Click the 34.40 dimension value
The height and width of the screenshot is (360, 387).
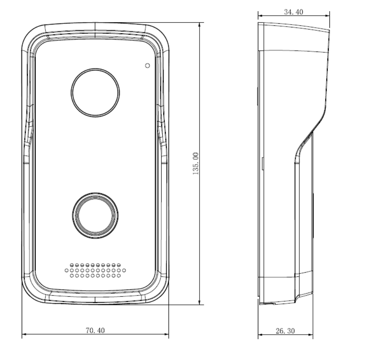(x=293, y=12)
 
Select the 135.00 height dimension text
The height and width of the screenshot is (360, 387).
(x=196, y=163)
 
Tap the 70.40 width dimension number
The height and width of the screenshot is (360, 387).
(x=95, y=330)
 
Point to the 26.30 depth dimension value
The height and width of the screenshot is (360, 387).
(x=285, y=331)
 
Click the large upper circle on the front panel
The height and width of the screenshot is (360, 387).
(x=95, y=92)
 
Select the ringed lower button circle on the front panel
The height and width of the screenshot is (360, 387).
(x=95, y=214)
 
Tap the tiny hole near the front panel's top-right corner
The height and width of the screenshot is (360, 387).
(x=147, y=65)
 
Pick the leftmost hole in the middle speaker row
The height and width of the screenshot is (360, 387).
(x=67, y=271)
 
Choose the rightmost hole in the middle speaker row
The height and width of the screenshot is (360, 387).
(x=124, y=271)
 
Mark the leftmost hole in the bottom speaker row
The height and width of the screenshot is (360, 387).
(x=72, y=276)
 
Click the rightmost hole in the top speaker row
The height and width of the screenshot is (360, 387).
(x=119, y=265)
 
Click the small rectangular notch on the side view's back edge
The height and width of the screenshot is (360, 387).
(x=262, y=163)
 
